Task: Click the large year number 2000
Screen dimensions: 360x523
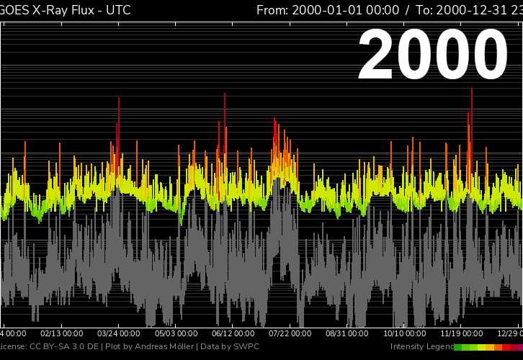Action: click(433, 55)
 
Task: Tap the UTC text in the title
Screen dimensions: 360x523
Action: click(117, 10)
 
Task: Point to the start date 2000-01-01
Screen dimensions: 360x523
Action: click(345, 10)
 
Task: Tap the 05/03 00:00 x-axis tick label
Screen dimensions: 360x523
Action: click(176, 333)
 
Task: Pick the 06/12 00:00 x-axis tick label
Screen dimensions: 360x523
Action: click(233, 333)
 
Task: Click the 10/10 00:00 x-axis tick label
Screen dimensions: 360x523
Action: click(405, 333)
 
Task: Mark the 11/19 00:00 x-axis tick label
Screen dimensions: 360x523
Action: click(462, 333)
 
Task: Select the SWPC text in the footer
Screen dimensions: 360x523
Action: click(246, 347)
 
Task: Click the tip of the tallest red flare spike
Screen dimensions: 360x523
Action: click(471, 89)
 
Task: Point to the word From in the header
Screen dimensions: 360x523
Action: click(272, 10)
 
